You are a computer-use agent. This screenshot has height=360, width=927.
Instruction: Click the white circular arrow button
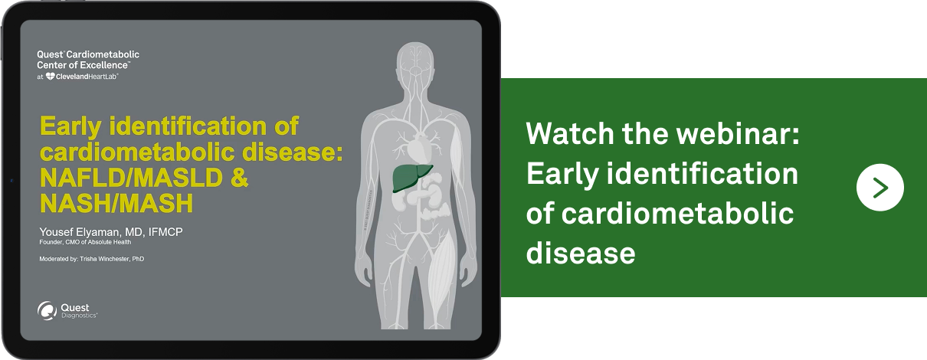click(880, 187)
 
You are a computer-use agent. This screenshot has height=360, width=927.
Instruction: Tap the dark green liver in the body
click(411, 177)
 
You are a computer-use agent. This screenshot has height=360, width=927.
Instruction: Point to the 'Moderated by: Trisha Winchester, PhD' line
click(91, 259)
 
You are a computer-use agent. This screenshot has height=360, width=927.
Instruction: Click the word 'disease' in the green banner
click(580, 251)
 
